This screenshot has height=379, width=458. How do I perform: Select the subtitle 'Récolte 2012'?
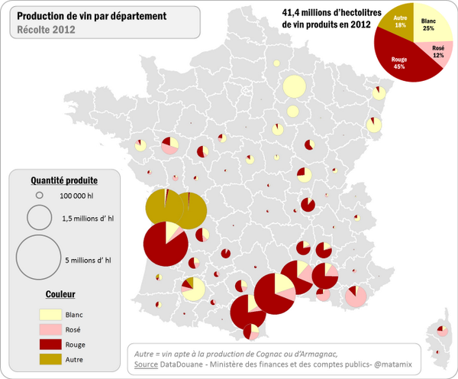44,31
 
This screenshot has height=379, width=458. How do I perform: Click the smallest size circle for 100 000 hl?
38,196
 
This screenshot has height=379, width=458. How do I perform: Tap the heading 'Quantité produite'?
63,180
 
